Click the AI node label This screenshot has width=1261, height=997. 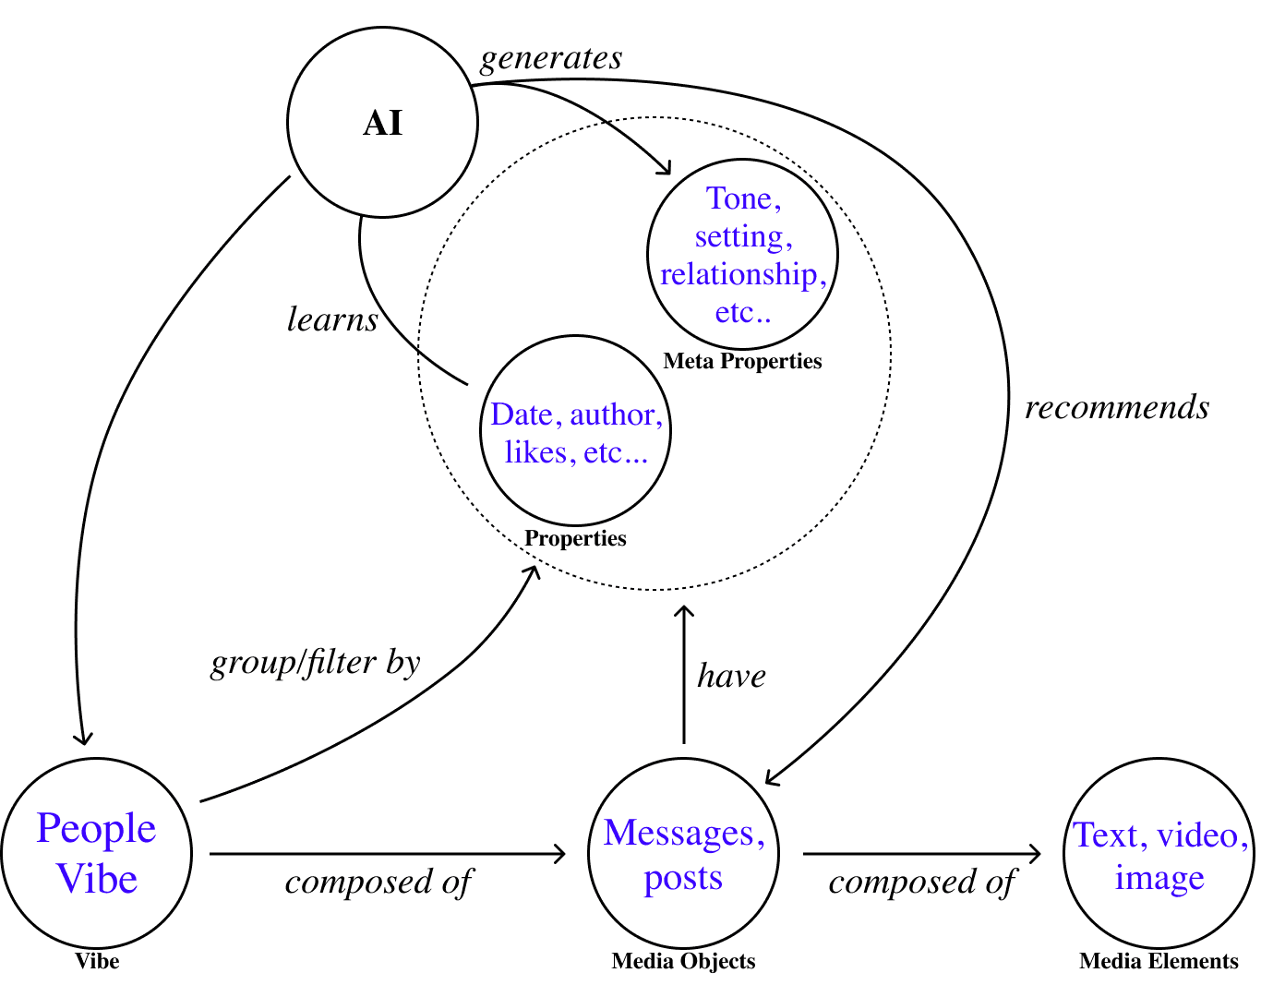[x=383, y=124]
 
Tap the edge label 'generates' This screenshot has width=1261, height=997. [x=551, y=58]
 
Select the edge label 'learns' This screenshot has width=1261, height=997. [x=332, y=319]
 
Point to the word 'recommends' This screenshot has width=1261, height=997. [x=1117, y=407]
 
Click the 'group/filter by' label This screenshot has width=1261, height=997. [x=316, y=663]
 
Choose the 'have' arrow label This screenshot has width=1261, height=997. [x=731, y=676]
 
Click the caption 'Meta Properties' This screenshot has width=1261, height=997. [x=742, y=361]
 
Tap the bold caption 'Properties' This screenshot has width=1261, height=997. [x=575, y=538]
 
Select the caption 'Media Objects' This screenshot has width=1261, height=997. [x=683, y=961]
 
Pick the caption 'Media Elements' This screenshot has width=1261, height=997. [x=1159, y=961]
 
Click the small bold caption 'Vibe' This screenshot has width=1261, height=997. [x=97, y=961]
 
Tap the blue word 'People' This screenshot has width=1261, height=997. [x=96, y=829]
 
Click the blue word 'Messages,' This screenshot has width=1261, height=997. [x=684, y=833]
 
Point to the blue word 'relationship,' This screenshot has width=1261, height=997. [x=743, y=274]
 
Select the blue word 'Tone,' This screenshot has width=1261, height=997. [x=743, y=198]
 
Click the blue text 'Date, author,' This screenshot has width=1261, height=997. [x=576, y=414]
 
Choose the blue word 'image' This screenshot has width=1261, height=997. [x=1159, y=878]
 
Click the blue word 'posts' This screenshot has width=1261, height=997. [x=683, y=878]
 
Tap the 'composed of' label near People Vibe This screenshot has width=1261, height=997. [x=378, y=883]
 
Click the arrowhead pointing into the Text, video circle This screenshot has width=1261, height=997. [x=1037, y=854]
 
